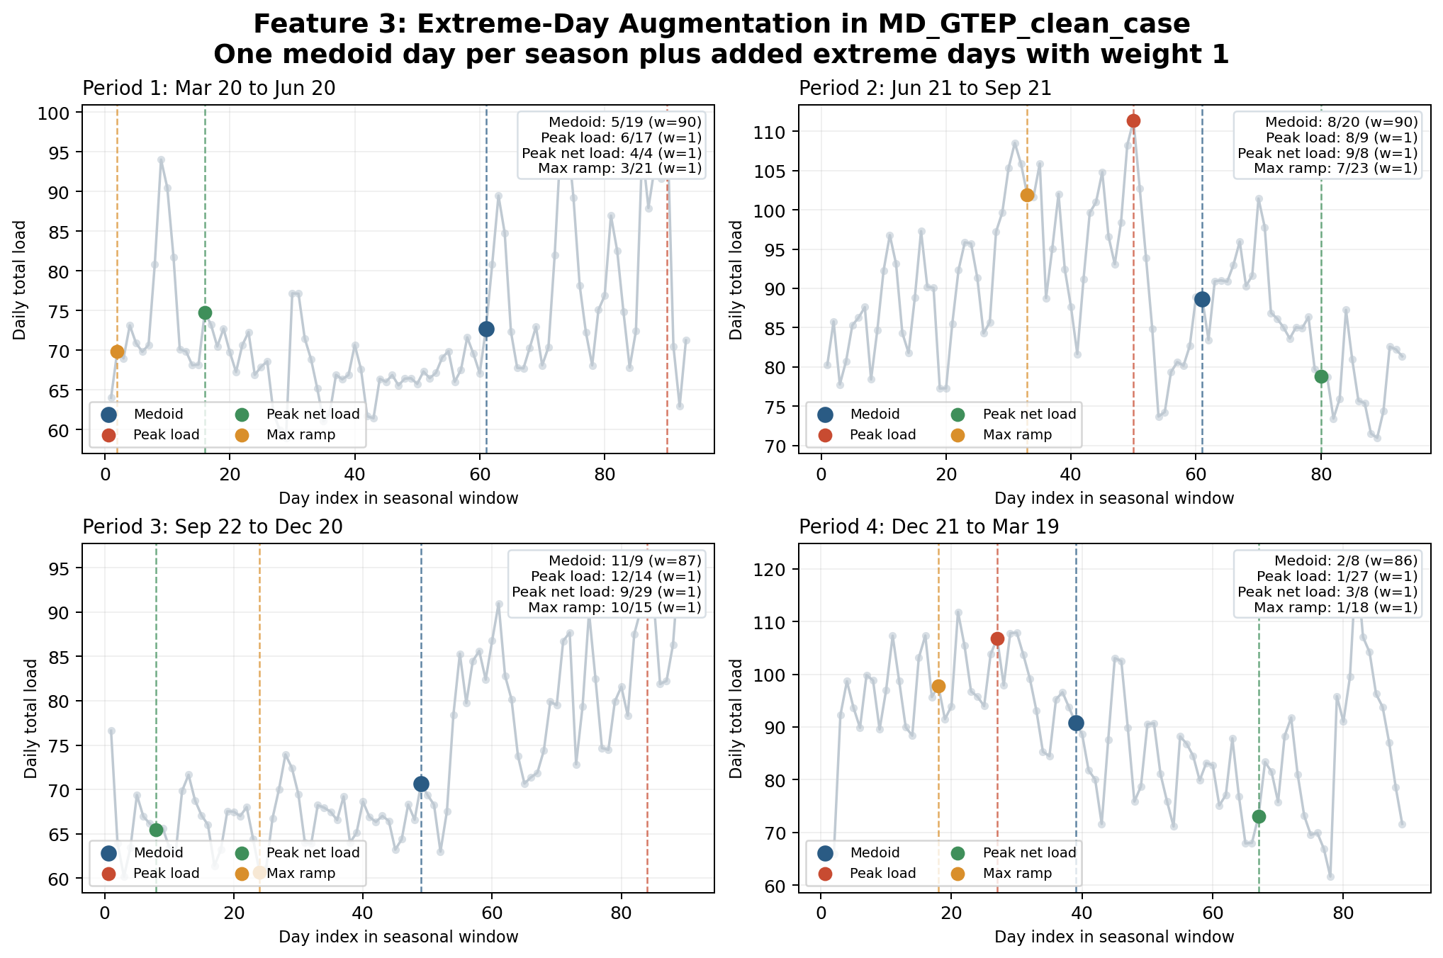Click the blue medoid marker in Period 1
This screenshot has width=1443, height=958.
click(x=486, y=329)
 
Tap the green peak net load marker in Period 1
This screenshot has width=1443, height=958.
click(x=205, y=312)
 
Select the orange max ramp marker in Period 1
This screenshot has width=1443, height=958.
click(x=117, y=351)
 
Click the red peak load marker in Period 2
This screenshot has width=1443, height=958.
click(x=1133, y=120)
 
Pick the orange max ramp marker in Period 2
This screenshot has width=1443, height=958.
click(x=1027, y=195)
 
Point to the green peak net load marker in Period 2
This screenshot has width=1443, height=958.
click(x=1321, y=376)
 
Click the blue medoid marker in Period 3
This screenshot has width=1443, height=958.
click(x=421, y=784)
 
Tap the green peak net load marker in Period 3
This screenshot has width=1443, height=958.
click(x=156, y=830)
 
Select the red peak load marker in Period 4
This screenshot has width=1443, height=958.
click(x=997, y=638)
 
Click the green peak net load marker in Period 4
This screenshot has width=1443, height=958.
click(x=1259, y=816)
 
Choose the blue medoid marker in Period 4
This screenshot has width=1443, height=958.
click(x=1076, y=723)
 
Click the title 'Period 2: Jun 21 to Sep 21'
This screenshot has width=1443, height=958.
click(x=925, y=89)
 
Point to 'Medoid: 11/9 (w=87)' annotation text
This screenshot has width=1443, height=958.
click(x=625, y=560)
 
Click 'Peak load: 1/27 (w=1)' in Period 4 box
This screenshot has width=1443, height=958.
click(x=1337, y=576)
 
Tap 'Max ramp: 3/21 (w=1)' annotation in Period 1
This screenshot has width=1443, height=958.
click(x=619, y=169)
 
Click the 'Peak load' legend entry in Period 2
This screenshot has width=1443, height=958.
click(x=882, y=434)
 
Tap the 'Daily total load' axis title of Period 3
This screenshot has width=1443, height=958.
click(x=30, y=718)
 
